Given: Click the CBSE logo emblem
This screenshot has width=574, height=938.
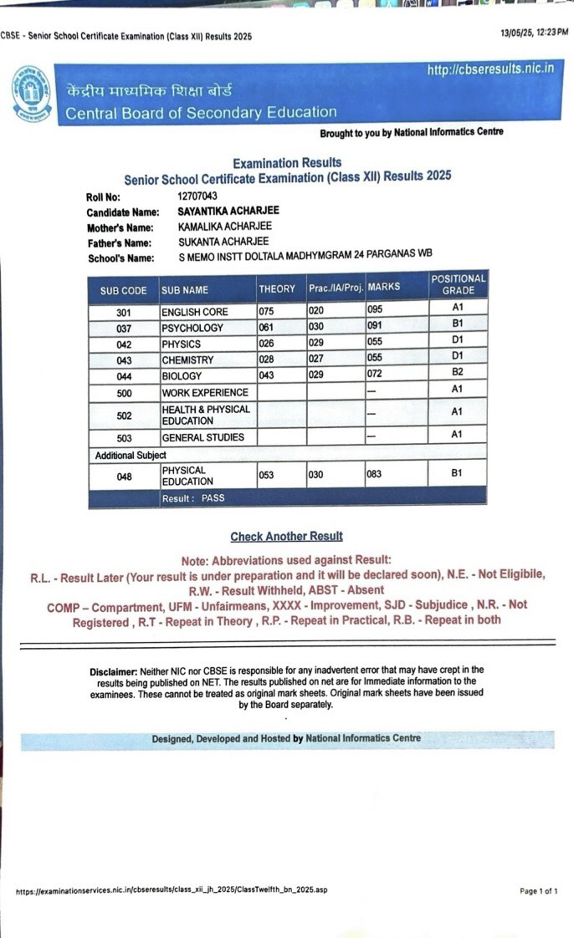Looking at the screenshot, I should pos(31,94).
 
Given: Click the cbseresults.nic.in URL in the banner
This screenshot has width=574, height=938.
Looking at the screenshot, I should pos(489,69).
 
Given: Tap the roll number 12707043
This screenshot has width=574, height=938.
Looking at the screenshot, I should pos(197,196).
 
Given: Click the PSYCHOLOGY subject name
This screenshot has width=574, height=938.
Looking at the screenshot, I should pos(192,328).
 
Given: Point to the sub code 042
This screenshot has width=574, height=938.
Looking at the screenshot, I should pos(123,344).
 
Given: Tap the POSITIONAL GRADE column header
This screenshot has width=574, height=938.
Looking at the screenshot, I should pos(458,284).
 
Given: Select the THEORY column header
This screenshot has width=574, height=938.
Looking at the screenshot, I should pos(277,289).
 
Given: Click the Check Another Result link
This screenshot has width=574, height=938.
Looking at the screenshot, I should pos(286,537).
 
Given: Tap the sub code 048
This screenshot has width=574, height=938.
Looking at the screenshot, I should pos(123,477).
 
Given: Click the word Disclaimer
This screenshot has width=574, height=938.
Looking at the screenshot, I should pos(113,671).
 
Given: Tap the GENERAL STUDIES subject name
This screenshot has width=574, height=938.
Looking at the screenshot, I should pos(202,437).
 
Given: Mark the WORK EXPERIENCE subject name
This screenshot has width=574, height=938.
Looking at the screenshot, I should pos(204,393).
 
